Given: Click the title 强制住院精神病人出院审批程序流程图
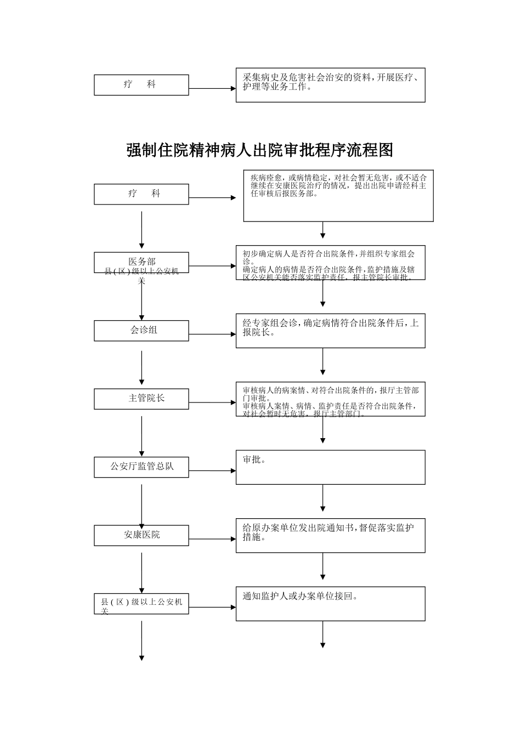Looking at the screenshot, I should pyautogui.click(x=260, y=150).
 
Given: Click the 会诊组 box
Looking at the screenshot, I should pyautogui.click(x=141, y=331).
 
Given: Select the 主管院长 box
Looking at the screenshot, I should pyautogui.click(x=141, y=399).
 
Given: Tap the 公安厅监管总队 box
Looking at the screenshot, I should pyautogui.click(x=141, y=467).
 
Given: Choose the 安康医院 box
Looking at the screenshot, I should pyautogui.click(x=141, y=535).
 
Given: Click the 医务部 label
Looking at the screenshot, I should pyautogui.click(x=141, y=261).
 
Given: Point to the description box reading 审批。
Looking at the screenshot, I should pyautogui.click(x=330, y=467).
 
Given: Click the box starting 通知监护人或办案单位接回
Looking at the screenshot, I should pyautogui.click(x=330, y=603).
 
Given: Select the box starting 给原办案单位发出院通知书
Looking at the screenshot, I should pyautogui.click(x=330, y=535).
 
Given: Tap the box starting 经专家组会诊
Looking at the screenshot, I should pyautogui.click(x=330, y=331).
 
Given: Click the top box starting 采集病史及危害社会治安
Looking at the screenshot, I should pyautogui.click(x=330, y=85).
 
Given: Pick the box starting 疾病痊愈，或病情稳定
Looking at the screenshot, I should pyautogui.click(x=338, y=196).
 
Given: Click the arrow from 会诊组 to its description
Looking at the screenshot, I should pyautogui.click(x=212, y=334).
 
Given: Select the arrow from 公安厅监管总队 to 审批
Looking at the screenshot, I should pyautogui.click(x=212, y=470).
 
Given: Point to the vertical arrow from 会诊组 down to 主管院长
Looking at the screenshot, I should pyautogui.click(x=141, y=367).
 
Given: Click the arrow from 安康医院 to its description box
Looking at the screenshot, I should pyautogui.click(x=212, y=538).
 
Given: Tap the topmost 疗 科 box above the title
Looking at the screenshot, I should pyautogui.click(x=141, y=85).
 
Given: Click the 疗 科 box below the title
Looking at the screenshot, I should pyautogui.click(x=141, y=194).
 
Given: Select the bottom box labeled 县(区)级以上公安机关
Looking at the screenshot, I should pyautogui.click(x=141, y=603).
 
